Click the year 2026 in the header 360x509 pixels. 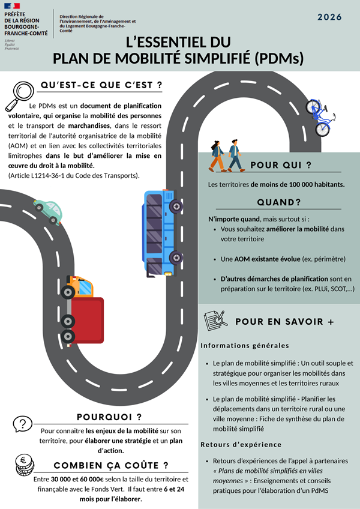[329, 17]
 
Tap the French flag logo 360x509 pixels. [12, 6]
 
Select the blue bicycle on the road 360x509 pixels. [320, 118]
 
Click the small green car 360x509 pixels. [48, 212]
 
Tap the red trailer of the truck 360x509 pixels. [88, 321]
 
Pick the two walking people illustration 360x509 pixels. [226, 156]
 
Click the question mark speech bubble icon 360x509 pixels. [22, 424]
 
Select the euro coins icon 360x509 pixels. [25, 465]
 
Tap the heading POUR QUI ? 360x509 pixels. [281, 165]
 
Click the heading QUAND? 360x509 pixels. [279, 202]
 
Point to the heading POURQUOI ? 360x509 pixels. [109, 417]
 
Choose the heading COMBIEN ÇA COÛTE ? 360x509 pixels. [111, 466]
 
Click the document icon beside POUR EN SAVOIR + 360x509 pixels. [215, 321]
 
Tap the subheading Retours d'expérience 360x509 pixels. [241, 445]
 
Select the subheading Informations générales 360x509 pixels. [245, 346]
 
